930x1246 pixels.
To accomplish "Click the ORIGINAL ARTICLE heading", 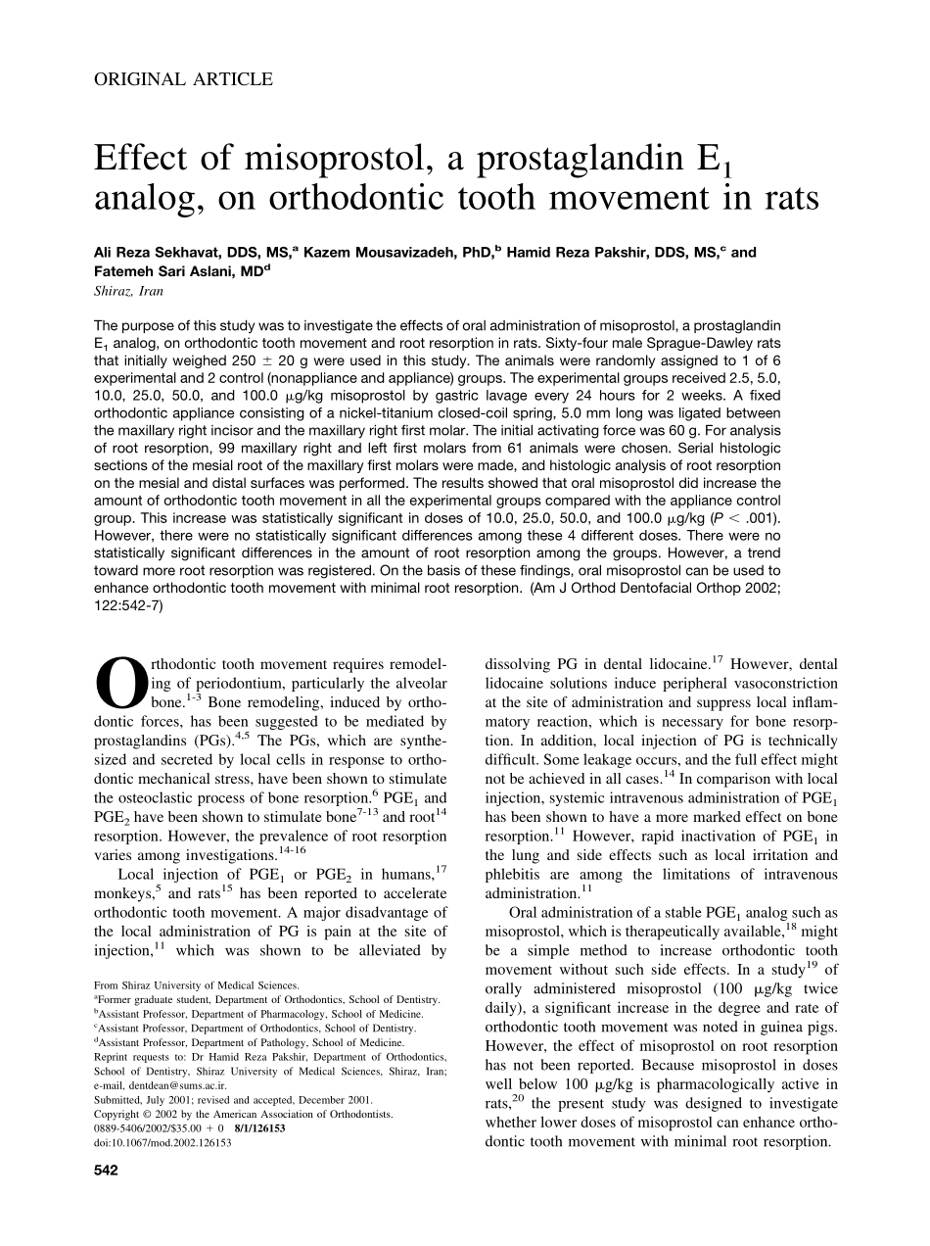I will [x=183, y=80].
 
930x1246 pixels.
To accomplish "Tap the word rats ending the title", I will [x=779, y=198].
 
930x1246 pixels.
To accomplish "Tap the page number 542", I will [x=106, y=1171].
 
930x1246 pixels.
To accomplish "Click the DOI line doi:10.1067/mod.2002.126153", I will [x=163, y=1142].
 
